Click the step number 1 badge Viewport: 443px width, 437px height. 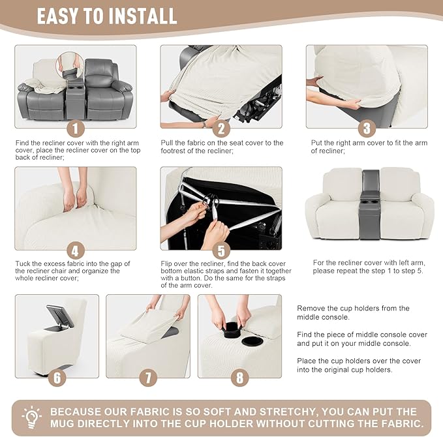[76, 128]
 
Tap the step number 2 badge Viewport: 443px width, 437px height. [221, 128]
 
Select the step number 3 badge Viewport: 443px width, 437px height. [367, 128]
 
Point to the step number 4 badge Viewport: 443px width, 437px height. [76, 250]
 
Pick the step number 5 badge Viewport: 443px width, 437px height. [221, 250]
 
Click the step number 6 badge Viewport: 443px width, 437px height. [57, 378]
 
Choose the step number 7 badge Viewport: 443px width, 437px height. [148, 378]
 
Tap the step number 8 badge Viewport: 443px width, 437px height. [239, 378]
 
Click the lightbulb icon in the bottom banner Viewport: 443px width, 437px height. [31, 417]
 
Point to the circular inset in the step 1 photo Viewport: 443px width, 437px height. [70, 67]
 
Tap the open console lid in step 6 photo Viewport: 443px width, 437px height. [59, 316]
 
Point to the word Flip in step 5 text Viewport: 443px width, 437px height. [166, 264]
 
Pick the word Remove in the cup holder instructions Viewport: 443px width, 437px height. [311, 309]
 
